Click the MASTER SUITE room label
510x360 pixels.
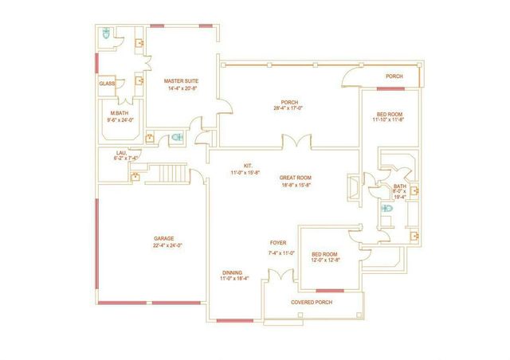tap(181, 81)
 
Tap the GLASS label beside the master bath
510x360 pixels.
tap(107, 84)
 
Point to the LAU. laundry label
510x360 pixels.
tap(122, 152)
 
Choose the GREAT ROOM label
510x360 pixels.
tap(295, 178)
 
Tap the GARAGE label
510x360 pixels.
tap(164, 238)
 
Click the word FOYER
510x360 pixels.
tap(278, 243)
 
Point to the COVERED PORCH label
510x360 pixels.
tap(313, 302)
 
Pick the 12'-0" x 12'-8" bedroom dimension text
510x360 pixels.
tap(325, 260)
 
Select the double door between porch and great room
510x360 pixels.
tap(295, 143)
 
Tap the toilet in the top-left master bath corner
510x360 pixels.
tap(107, 33)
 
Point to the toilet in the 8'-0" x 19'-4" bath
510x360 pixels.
tap(387, 209)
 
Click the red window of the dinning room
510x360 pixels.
tap(229, 321)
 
